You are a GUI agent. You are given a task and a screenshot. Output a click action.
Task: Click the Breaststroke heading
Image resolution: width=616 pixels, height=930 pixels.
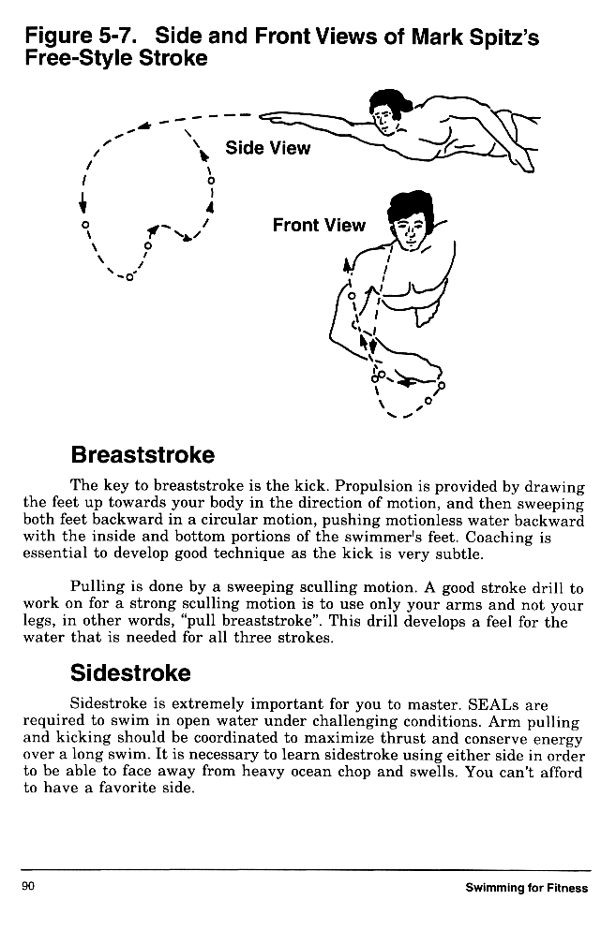(143, 455)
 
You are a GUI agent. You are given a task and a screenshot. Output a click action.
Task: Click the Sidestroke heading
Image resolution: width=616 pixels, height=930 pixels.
(130, 673)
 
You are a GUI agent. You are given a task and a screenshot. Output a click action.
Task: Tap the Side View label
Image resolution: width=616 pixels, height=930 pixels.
(267, 148)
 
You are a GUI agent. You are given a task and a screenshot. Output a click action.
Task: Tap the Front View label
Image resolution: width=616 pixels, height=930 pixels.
(319, 225)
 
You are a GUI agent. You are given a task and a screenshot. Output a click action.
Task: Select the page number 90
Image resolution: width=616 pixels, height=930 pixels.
(29, 886)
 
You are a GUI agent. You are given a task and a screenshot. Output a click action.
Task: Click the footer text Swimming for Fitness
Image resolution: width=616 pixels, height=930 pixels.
(527, 887)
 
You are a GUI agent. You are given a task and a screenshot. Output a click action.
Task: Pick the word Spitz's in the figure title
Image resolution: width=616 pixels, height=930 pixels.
(503, 38)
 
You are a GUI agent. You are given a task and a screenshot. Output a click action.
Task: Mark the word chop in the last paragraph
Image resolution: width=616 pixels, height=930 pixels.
(386, 773)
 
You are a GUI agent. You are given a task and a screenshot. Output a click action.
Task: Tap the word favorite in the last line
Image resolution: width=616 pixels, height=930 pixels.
(137, 790)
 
